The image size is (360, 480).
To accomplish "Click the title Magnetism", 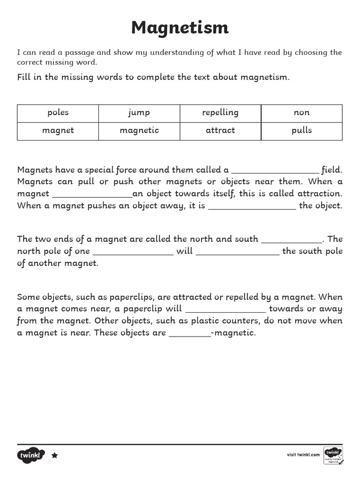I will [x=180, y=28].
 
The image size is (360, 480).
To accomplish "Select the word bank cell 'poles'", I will [x=58, y=112].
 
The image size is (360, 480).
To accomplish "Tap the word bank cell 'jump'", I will [x=139, y=112].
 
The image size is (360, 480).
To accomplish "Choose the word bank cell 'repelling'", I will [x=220, y=112].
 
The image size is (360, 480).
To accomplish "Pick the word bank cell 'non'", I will [x=301, y=112].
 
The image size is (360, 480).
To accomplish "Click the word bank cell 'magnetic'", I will [x=139, y=130].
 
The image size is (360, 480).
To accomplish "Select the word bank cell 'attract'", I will [x=220, y=130].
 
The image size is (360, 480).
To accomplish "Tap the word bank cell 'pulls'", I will [x=301, y=130].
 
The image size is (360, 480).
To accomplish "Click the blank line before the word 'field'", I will [x=275, y=172].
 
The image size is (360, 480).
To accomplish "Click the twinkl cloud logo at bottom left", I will [x=31, y=455].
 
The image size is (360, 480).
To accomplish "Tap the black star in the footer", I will [x=54, y=455].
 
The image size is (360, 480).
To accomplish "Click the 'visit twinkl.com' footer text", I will [x=303, y=455].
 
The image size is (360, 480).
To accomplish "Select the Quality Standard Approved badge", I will [x=333, y=455].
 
